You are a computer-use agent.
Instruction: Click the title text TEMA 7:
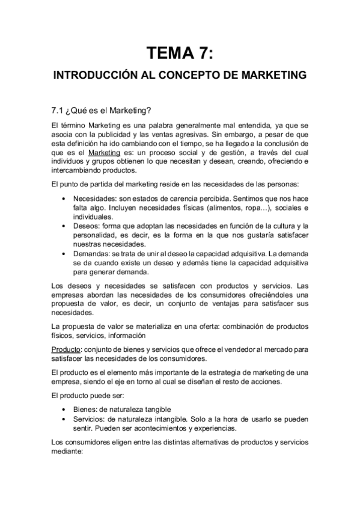pyautogui.click(x=180, y=53)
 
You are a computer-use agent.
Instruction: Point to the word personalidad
pyautogui.click(x=97, y=236)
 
